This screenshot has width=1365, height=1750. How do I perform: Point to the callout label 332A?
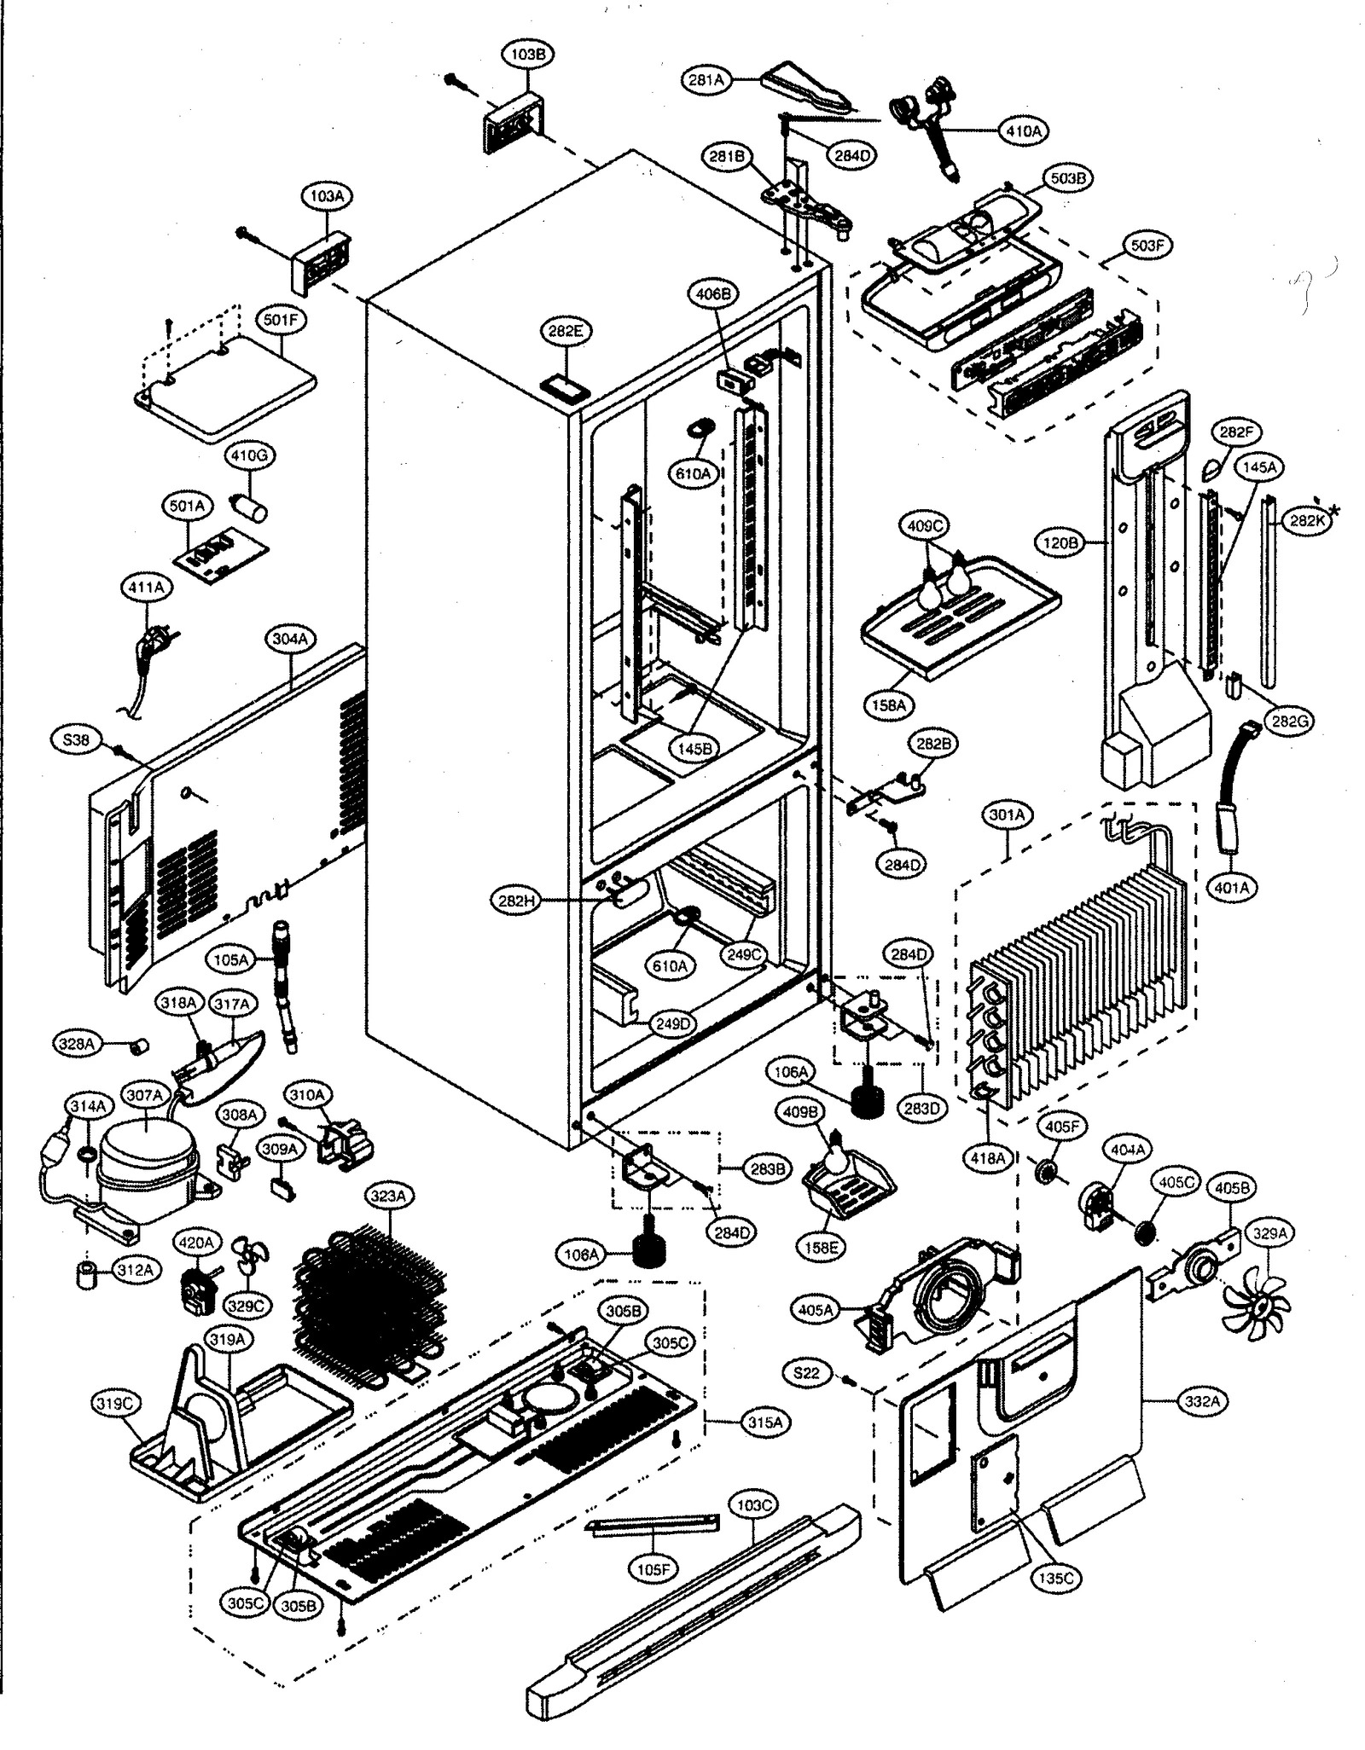click(1202, 1400)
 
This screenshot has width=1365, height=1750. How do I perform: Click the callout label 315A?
click(764, 1422)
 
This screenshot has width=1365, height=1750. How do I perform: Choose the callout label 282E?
click(565, 331)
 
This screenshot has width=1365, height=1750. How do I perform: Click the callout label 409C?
click(925, 526)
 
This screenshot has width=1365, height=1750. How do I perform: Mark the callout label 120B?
click(1060, 542)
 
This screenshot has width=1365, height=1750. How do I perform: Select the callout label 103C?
click(752, 1505)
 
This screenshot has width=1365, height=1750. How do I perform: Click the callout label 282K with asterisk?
click(1309, 522)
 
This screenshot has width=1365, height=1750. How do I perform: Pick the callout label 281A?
click(706, 80)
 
